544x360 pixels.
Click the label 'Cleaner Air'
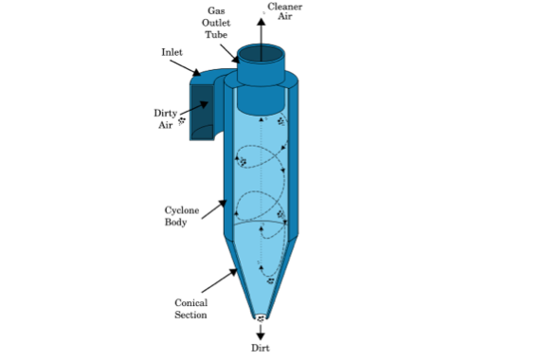pyautogui.click(x=285, y=11)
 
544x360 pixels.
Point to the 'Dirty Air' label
pyautogui.click(x=165, y=117)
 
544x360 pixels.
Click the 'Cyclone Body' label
pyautogui.click(x=176, y=216)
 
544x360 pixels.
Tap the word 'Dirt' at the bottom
pyautogui.click(x=261, y=349)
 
